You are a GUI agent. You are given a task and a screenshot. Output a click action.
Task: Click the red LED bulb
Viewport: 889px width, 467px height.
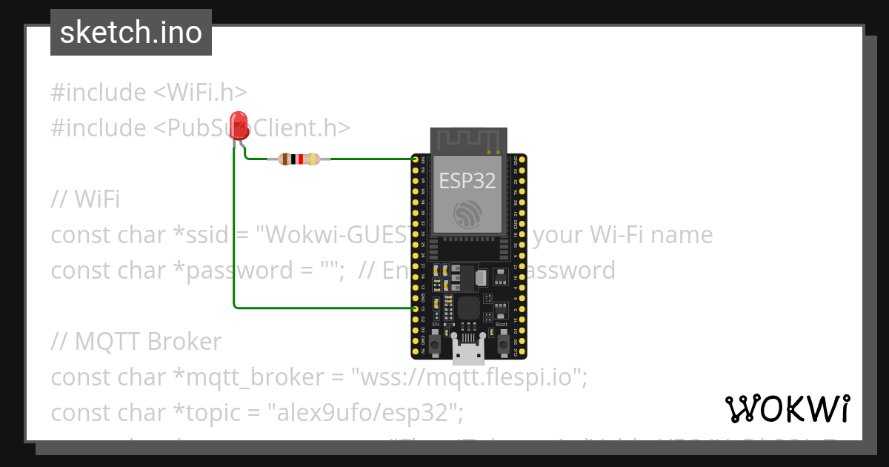pyautogui.click(x=239, y=123)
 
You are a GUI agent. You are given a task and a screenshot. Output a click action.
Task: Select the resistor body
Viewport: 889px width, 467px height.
pyautogui.click(x=299, y=159)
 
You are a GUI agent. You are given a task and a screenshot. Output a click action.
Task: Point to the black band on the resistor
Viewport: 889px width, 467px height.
pyautogui.click(x=293, y=159)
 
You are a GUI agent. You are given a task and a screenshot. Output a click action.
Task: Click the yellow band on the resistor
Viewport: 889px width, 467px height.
pyautogui.click(x=313, y=159)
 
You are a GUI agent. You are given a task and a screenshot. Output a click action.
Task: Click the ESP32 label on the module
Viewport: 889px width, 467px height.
pyautogui.click(x=467, y=180)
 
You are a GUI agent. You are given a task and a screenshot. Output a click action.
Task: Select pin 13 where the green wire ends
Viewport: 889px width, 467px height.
pyautogui.click(x=416, y=308)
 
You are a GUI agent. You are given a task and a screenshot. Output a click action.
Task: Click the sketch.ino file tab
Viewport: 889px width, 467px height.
pyautogui.click(x=131, y=33)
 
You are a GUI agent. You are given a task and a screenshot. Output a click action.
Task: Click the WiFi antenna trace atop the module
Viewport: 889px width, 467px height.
pyautogui.click(x=467, y=140)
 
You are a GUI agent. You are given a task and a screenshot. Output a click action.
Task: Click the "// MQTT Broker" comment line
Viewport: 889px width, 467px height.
pyautogui.click(x=136, y=342)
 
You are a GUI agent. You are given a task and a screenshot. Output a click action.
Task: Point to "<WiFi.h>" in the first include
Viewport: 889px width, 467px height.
pyautogui.click(x=200, y=93)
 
